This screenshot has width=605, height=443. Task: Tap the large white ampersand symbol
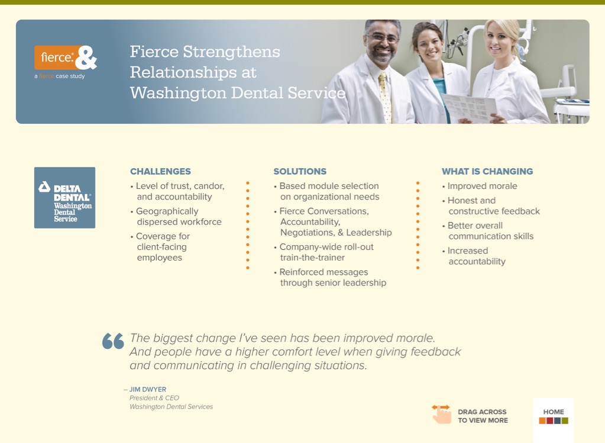click(x=86, y=57)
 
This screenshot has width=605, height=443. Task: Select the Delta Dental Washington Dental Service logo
click(x=65, y=198)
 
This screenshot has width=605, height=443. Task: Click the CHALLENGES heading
click(x=160, y=171)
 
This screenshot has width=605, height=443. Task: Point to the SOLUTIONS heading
click(x=300, y=171)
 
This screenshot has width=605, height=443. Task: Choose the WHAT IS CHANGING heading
click(x=487, y=171)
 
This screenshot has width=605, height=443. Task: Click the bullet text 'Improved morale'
click(x=483, y=186)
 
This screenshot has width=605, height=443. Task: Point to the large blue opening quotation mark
click(x=113, y=341)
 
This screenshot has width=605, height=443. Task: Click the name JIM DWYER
click(x=148, y=389)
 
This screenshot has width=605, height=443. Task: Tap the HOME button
click(x=554, y=416)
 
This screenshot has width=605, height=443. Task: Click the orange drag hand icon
click(x=441, y=414)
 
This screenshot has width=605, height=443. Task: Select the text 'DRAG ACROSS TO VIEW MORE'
click(x=483, y=416)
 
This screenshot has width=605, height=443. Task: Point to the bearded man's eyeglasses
click(x=383, y=38)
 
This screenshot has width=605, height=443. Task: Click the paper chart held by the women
click(x=469, y=107)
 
